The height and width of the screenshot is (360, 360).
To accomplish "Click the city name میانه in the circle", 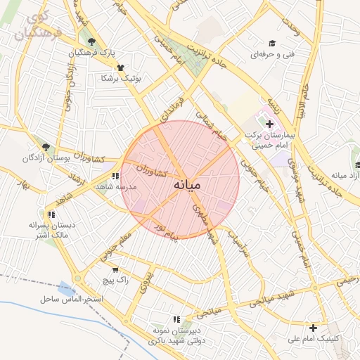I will click(186, 185).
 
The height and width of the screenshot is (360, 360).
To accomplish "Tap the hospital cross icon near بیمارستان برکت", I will click(269, 124).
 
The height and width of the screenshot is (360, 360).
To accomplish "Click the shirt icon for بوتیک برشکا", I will click(121, 68).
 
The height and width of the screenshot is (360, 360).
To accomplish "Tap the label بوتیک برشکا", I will click(121, 78).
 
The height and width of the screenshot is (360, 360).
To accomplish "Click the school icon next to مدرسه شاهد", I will click(115, 176).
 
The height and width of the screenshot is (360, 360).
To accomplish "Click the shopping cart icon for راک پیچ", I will click(115, 269).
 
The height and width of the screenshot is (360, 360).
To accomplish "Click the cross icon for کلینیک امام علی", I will click(313, 328).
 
